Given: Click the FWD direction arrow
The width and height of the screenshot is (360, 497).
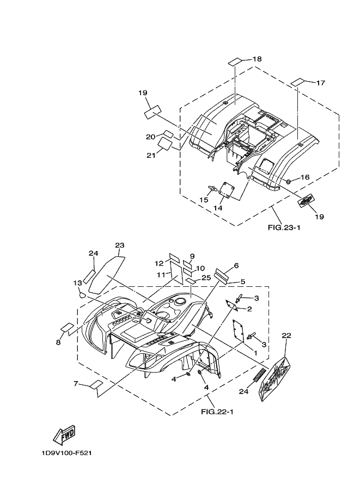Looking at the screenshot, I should coord(64,434).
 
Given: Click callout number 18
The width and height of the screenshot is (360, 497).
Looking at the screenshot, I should coord(257,59).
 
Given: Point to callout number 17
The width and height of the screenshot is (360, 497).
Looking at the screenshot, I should coord(320,83).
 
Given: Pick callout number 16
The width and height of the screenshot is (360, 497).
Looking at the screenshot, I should coord(305,177).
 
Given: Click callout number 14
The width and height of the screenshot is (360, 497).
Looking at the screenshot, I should coord(218,208).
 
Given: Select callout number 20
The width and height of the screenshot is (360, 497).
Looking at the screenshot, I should coord(151,137).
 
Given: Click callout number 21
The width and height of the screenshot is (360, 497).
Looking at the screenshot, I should coord(151,155).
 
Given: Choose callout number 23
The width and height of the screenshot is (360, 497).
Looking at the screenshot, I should coord(120,245).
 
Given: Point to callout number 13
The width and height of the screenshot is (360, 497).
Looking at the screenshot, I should coord(77,283).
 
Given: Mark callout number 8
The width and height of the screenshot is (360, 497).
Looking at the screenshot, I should coord(58,342).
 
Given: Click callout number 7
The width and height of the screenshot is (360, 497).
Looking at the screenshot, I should coord(76,384).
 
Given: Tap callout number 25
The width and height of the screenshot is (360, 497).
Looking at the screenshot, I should coord(206,278).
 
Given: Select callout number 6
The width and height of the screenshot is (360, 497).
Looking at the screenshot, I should coord(236,266).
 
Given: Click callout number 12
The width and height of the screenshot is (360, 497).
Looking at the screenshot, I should coord(159,263).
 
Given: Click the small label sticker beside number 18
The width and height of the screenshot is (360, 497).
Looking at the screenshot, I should coord(234,60).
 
